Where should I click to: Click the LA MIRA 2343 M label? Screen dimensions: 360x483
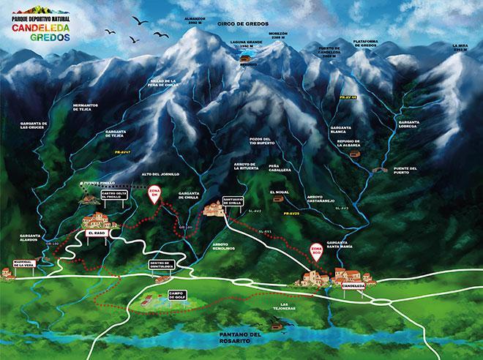pos(460,48)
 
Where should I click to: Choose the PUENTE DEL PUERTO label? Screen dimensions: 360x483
pos(405,170)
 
